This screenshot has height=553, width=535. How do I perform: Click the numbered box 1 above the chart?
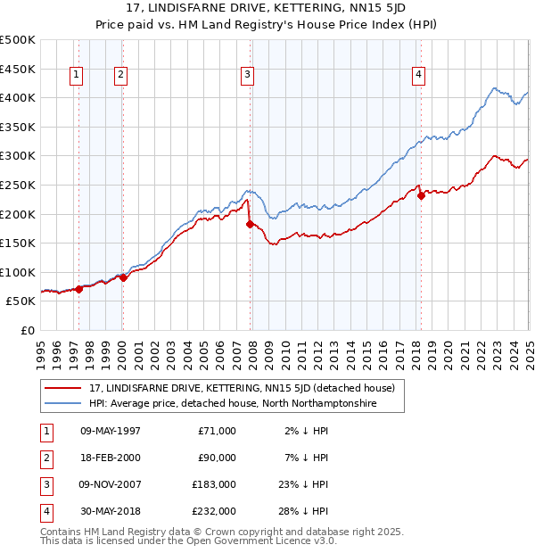[77, 76]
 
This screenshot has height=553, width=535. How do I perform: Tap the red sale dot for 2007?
[250, 224]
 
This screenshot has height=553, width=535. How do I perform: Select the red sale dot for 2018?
[421, 196]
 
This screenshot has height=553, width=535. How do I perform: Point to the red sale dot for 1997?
[79, 289]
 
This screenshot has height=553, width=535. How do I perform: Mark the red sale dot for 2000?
[124, 278]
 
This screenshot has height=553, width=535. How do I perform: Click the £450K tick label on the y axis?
[18, 69]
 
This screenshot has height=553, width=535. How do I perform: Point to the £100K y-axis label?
[18, 272]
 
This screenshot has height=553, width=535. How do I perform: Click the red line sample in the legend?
[62, 388]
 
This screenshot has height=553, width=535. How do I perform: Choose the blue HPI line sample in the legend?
[62, 403]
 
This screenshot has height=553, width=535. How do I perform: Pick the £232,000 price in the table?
[214, 511]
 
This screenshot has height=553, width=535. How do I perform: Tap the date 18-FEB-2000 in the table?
[111, 458]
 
